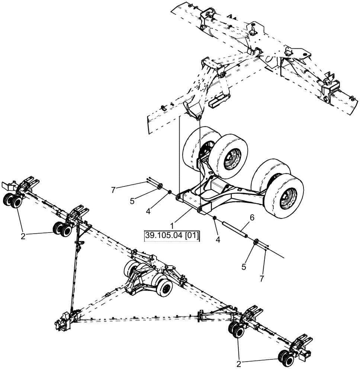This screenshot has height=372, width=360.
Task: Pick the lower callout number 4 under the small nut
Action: (x=218, y=240)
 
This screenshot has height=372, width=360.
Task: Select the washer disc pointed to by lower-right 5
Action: (x=255, y=243)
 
